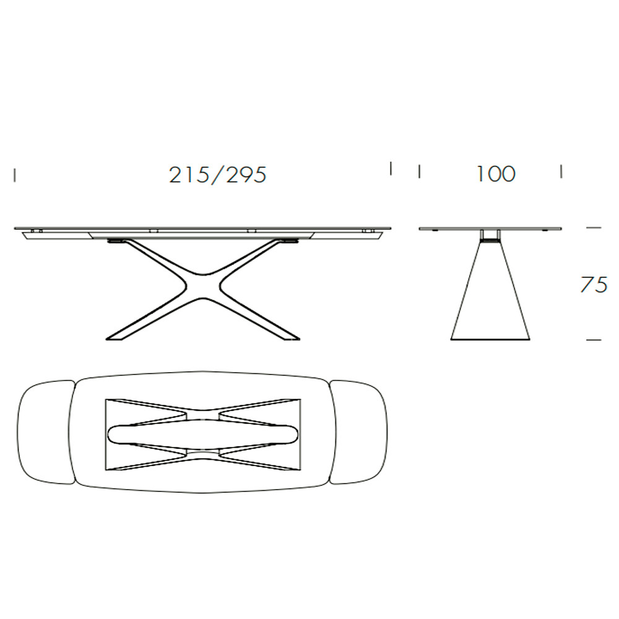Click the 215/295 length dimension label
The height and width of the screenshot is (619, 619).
coord(218,175)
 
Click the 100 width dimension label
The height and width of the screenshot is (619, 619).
coord(496,174)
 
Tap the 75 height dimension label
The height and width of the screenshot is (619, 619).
coord(594,284)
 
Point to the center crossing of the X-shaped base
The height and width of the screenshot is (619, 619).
coord(202,285)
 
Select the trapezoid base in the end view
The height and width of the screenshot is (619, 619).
coord(490,290)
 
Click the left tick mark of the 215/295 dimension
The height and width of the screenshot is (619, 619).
coord(15,175)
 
